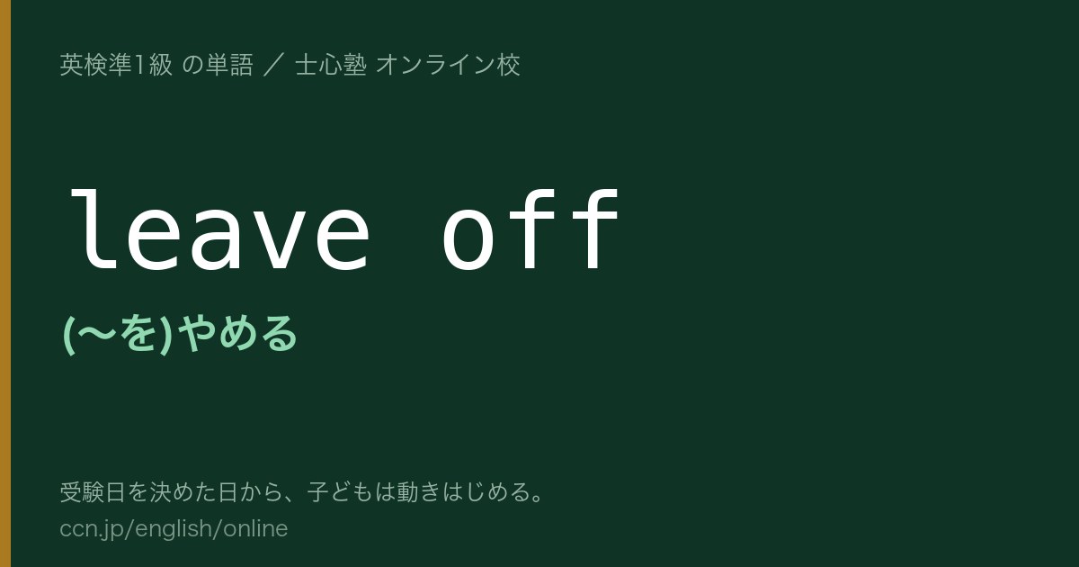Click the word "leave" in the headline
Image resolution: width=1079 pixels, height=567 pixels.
click(x=219, y=230)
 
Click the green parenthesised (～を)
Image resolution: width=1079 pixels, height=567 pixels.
click(x=118, y=334)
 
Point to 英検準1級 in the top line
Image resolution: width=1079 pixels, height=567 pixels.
click(x=116, y=65)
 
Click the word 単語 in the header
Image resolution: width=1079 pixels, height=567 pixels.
click(x=229, y=65)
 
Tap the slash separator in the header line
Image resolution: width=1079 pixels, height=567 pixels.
click(x=273, y=66)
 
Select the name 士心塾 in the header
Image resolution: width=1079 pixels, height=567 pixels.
click(x=331, y=65)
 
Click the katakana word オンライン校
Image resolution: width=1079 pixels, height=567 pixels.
click(x=448, y=65)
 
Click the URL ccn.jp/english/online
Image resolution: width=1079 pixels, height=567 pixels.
click(x=174, y=528)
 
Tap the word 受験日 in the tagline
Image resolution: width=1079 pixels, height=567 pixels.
click(x=93, y=492)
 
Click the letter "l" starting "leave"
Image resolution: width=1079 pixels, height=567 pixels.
click(x=94, y=230)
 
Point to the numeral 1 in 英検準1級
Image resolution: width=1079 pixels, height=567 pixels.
click(x=139, y=65)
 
